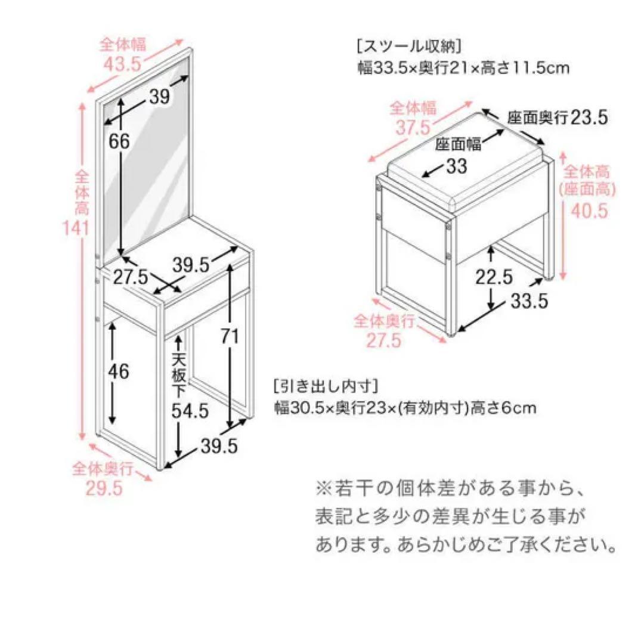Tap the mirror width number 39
pos(159,97)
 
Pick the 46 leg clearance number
pos(118,371)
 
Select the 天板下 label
pos(179,370)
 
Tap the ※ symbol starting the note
pos(323,489)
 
